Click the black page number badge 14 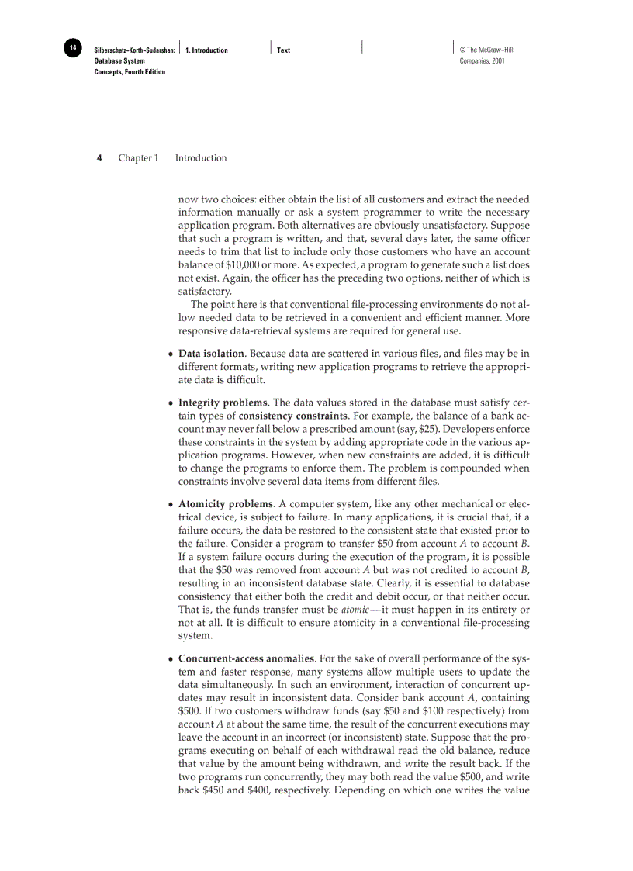click(x=72, y=49)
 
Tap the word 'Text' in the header click(x=283, y=50)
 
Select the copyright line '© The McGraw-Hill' click(x=486, y=50)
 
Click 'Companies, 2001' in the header click(x=483, y=60)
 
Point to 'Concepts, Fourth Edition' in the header click(x=130, y=71)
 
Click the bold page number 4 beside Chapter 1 click(x=99, y=158)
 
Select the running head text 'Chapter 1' click(x=138, y=158)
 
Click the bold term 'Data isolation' click(x=211, y=354)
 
